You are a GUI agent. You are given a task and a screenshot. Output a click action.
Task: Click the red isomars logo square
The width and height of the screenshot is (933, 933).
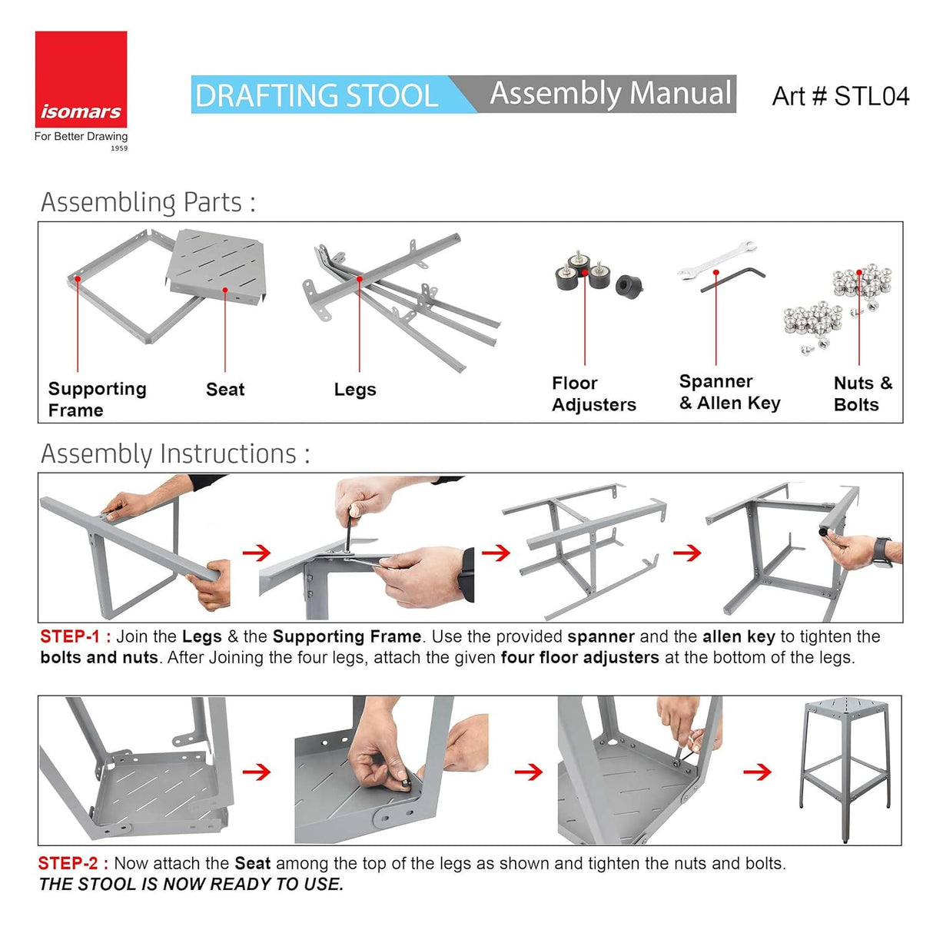click(x=81, y=78)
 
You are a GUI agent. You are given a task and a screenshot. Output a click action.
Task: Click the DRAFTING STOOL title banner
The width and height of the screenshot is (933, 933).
click(x=317, y=95)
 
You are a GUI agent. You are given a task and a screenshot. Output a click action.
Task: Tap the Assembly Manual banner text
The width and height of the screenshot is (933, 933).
click(x=610, y=94)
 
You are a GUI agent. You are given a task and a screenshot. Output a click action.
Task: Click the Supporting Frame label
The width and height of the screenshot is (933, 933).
click(x=96, y=399)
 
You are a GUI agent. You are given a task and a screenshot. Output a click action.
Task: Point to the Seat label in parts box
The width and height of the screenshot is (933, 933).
click(x=225, y=390)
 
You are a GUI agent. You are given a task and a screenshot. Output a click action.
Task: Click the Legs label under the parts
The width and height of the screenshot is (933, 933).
click(x=355, y=390)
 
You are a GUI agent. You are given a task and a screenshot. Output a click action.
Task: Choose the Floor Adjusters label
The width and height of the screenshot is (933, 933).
click(x=593, y=393)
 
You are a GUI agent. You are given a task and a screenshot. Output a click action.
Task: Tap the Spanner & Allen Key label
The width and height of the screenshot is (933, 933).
click(x=729, y=392)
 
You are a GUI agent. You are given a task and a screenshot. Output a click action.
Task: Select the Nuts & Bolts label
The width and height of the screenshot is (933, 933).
click(x=862, y=393)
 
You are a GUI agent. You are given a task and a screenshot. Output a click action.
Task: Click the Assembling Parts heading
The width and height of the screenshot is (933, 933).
click(x=148, y=202)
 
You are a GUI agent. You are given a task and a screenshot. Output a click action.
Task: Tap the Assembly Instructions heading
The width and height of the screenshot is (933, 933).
click(x=175, y=453)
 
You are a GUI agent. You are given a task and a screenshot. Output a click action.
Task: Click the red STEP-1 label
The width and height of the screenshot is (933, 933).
click(x=75, y=636)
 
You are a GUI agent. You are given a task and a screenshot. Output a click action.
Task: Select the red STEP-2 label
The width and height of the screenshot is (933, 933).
click(x=73, y=863)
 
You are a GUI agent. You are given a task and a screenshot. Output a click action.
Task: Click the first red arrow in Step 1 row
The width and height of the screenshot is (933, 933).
click(x=257, y=553)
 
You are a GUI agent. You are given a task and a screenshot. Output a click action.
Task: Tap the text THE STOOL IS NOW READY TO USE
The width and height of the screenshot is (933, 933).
click(x=191, y=885)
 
